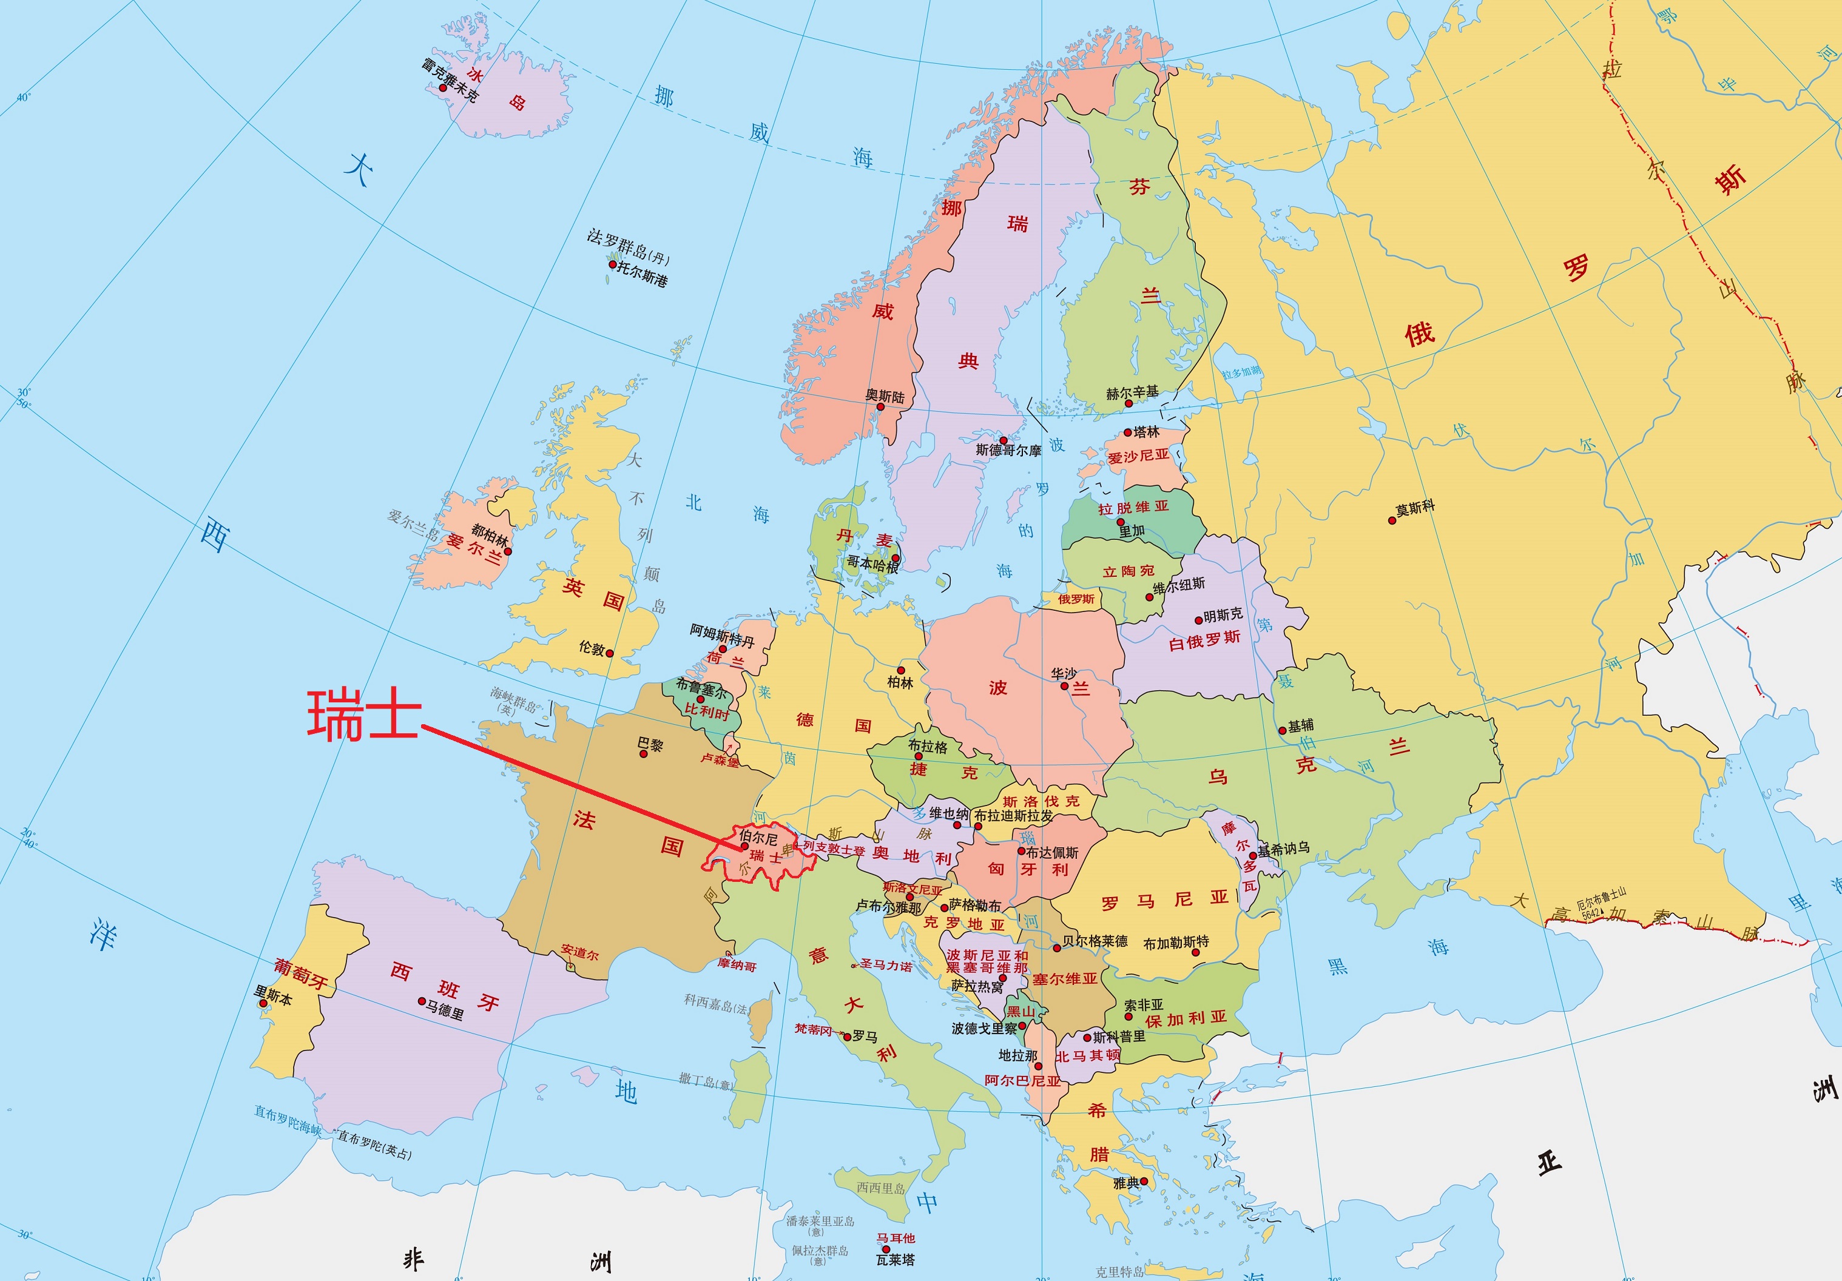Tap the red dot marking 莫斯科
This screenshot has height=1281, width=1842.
1392,520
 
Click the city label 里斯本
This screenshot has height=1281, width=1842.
274,995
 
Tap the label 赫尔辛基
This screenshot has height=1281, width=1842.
1132,392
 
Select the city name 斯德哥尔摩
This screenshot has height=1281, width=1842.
1008,451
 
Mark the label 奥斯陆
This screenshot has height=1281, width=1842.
885,396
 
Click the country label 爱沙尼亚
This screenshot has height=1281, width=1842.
1138,456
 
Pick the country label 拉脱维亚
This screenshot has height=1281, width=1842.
1133,507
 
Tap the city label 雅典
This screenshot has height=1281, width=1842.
1125,1182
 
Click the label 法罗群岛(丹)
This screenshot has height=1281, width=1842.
628,246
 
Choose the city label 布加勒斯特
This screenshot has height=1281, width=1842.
1176,943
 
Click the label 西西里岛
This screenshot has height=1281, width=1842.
880,1188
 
